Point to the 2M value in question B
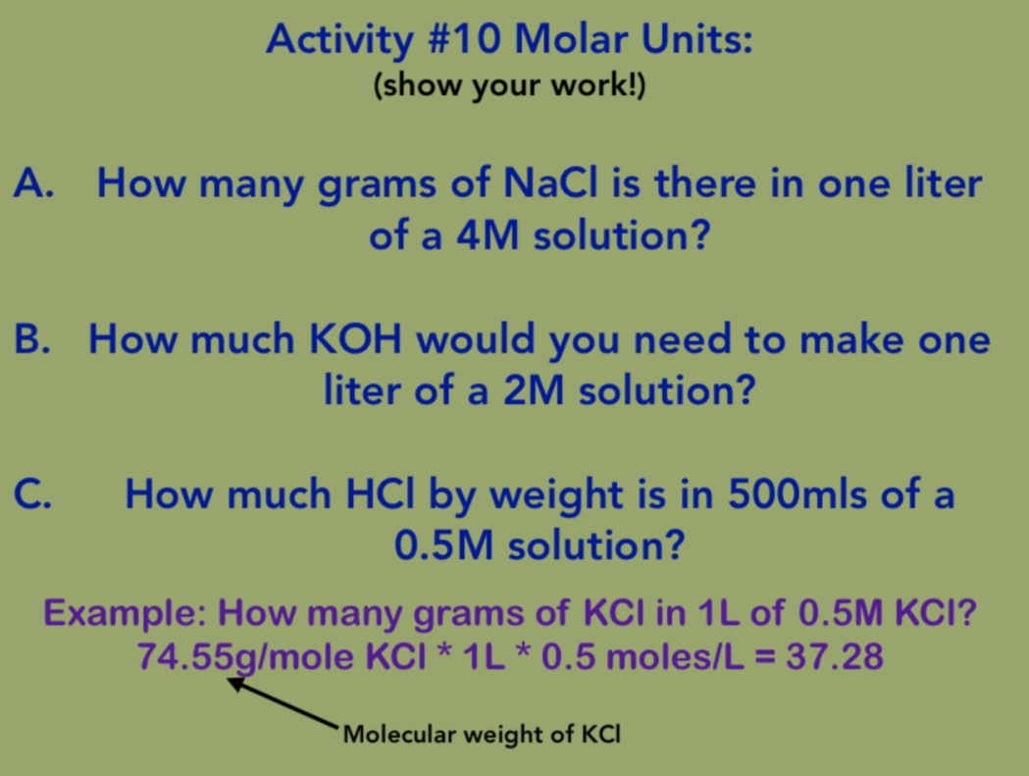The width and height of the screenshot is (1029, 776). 534,392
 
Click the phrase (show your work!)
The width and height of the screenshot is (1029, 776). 509,87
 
